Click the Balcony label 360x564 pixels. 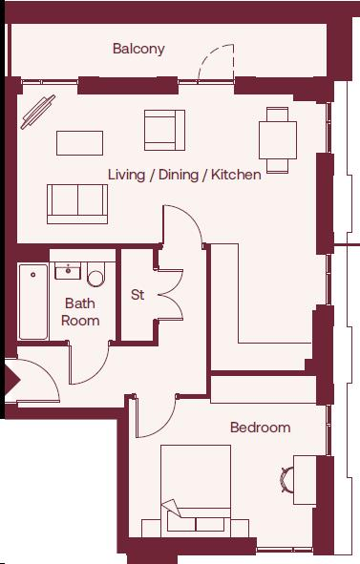pos(138,49)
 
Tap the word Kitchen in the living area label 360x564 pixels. pos(236,176)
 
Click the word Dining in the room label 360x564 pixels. pos(178,176)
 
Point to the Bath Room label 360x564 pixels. pos(80,312)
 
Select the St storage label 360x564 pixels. pos(138,295)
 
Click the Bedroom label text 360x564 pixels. pos(260,428)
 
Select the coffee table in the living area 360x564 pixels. pos(79,142)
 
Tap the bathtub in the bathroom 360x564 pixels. pos(33,302)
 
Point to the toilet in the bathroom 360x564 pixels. pos(95,276)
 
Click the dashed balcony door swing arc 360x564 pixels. pos(214,64)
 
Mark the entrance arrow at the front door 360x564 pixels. pos(11,381)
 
